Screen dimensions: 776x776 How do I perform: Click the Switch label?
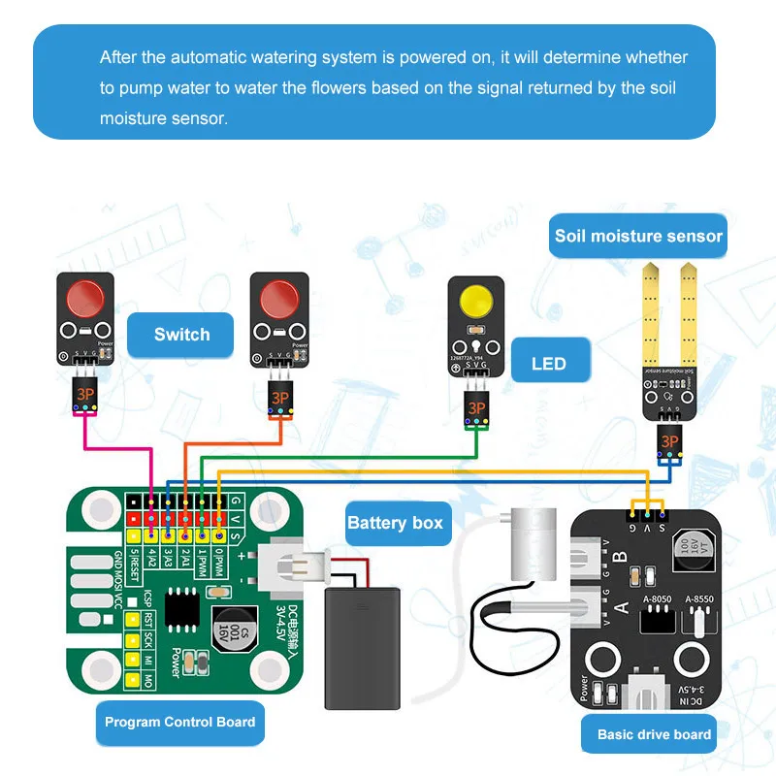click(181, 335)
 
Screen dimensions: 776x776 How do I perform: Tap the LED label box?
click(549, 365)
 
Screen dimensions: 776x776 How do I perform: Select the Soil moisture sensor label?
click(638, 236)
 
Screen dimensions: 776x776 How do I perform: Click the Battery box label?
click(395, 524)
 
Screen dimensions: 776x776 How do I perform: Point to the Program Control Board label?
click(180, 722)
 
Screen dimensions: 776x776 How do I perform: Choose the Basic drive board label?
click(654, 734)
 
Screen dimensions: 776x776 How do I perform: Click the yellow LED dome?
click(476, 302)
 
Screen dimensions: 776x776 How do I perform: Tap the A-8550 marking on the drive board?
click(698, 599)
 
